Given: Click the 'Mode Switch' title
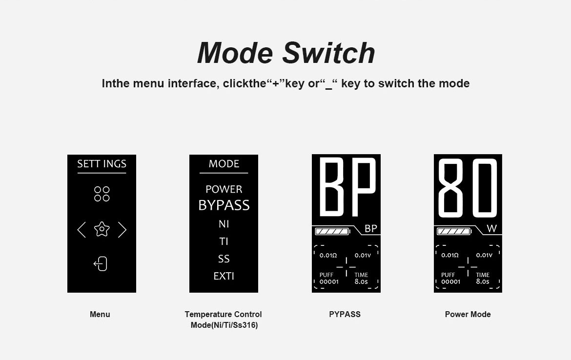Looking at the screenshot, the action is click(286, 53).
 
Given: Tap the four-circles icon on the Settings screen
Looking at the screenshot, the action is click(102, 194).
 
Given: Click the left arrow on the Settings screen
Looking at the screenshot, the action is click(82, 230).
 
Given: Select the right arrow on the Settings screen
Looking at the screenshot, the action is click(122, 230).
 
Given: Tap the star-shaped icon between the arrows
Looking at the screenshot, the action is click(102, 229).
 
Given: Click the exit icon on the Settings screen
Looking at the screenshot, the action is click(101, 264).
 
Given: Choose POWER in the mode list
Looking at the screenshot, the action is click(224, 189).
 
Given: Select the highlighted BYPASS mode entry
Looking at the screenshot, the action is click(224, 205).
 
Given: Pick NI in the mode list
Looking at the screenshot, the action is click(224, 224).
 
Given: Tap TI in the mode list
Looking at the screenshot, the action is click(224, 241).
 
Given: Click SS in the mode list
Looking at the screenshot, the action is click(224, 259).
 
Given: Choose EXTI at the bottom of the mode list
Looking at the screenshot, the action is click(224, 276).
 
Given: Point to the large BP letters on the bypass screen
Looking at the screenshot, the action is click(347, 186).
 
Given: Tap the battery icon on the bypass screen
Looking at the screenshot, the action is click(332, 232).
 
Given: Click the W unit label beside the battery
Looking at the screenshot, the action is click(491, 229).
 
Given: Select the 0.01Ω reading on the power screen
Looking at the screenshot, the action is click(450, 255).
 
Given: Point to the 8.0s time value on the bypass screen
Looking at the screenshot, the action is click(361, 281).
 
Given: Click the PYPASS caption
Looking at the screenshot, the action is click(345, 314).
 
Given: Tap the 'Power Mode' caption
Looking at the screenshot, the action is click(468, 314).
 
